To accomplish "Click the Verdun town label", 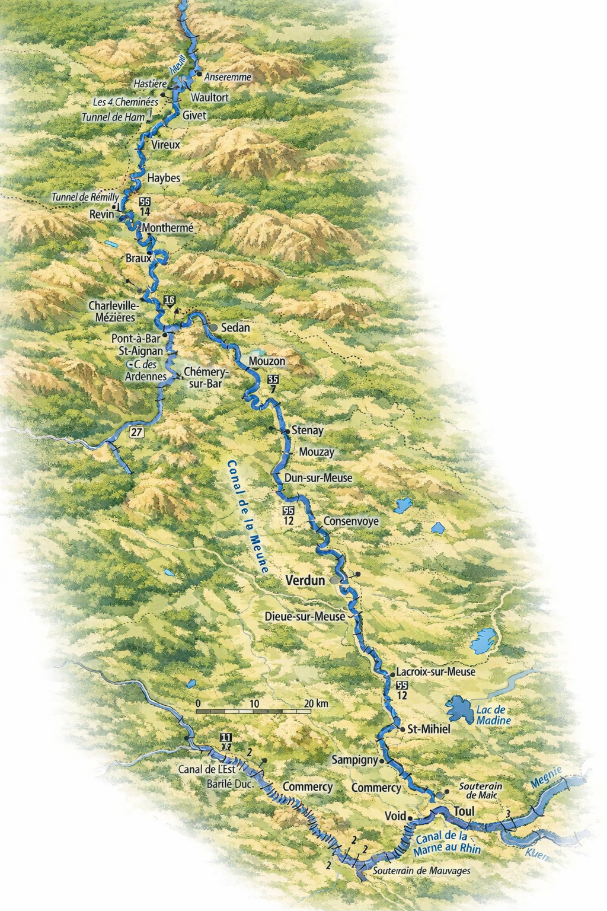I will click(x=305, y=581).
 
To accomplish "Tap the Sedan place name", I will click(x=235, y=327).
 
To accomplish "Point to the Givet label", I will click(x=194, y=115).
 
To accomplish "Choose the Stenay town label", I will click(x=308, y=431).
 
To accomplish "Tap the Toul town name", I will click(x=465, y=811).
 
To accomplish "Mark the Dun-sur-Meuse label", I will click(x=318, y=477).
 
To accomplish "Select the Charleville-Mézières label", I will click(x=112, y=311).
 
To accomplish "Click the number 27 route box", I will click(x=137, y=432).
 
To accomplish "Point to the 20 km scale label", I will click(x=316, y=703).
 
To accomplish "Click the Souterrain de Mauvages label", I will click(x=421, y=871).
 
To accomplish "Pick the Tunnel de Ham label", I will click(x=113, y=117).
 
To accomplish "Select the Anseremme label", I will click(x=228, y=77).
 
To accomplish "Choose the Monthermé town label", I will click(x=168, y=228).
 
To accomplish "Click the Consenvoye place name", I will click(x=351, y=521).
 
